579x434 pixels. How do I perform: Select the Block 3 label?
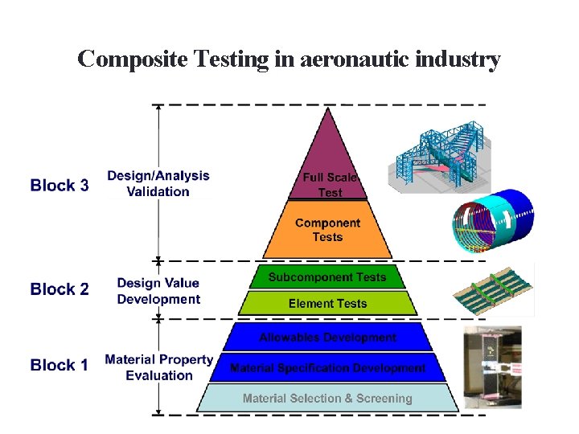pos(60,186)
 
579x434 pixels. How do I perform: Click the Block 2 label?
pos(60,289)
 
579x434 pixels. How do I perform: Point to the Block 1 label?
pos(60,365)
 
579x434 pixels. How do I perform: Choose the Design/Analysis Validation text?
pos(158,183)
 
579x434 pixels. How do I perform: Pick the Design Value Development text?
pos(158,291)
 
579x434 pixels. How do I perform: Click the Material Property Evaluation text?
pos(159,367)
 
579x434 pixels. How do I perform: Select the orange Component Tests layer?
pos(327,230)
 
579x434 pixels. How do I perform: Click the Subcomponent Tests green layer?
pos(327,277)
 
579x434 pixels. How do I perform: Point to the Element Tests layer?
pos(327,303)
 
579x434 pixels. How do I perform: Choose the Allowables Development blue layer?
pos(327,338)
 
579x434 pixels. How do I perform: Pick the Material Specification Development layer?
pos(327,367)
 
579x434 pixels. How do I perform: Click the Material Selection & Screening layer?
pos(327,398)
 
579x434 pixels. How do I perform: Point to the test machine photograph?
pos(492,366)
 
